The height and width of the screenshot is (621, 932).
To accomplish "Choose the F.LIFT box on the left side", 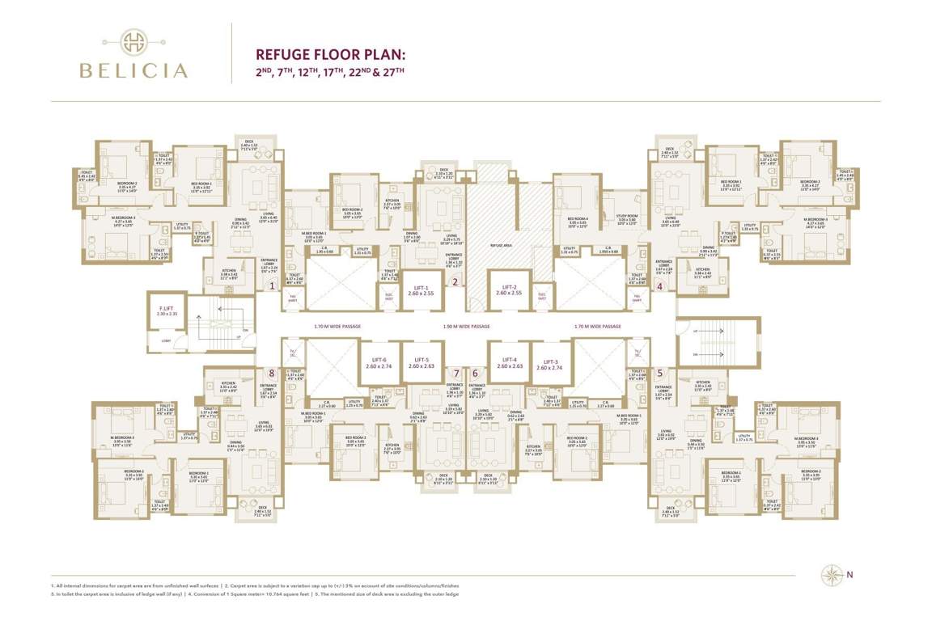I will pyautogui.click(x=167, y=311).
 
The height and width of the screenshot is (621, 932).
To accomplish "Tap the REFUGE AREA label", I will pyautogui.click(x=502, y=243).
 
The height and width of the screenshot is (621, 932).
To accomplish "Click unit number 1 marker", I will pyautogui.click(x=273, y=285).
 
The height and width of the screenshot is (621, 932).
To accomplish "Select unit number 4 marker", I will pyautogui.click(x=660, y=285).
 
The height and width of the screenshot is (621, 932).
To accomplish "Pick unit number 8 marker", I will pyautogui.click(x=272, y=373).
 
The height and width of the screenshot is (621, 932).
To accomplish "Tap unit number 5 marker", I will pyautogui.click(x=660, y=373).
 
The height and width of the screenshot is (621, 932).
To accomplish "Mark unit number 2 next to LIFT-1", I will pyautogui.click(x=455, y=283).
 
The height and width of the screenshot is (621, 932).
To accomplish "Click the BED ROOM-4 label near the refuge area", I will pyautogui.click(x=577, y=218).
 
